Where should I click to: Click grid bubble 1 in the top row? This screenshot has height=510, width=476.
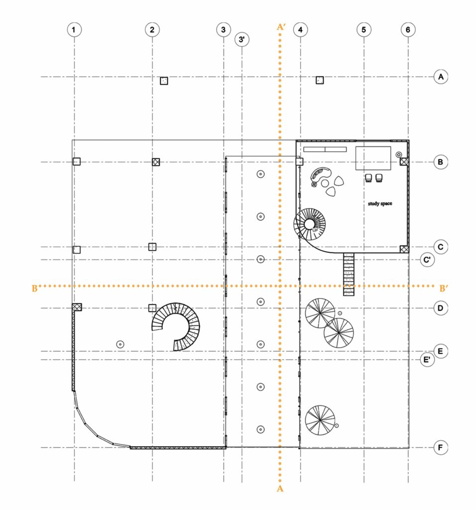[74, 29]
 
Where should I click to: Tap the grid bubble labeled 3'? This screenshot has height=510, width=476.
[241, 39]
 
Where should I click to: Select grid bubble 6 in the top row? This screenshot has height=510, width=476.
[408, 29]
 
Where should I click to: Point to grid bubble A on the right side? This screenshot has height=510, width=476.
[441, 77]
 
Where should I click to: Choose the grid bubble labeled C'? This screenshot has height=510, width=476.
[427, 259]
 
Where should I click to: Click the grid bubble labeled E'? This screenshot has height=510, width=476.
[427, 360]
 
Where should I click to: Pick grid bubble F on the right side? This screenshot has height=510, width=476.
[441, 448]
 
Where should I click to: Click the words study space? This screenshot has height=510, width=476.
[380, 204]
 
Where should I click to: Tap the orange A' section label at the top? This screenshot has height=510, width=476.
[281, 27]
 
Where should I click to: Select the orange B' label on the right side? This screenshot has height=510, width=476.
[444, 288]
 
